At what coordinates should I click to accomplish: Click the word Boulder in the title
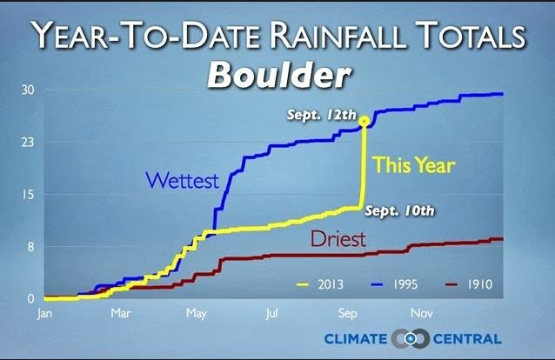pyautogui.click(x=279, y=76)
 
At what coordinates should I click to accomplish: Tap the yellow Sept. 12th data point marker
pyautogui.click(x=364, y=122)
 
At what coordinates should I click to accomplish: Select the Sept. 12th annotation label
pyautogui.click(x=321, y=115)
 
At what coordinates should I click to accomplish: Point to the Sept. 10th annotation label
pyautogui.click(x=399, y=211)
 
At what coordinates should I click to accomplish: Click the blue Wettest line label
pyautogui.click(x=183, y=180)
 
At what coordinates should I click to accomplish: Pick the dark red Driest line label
pyautogui.click(x=338, y=239)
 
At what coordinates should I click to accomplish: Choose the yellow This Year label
pyautogui.click(x=414, y=165)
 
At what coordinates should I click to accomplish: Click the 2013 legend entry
pyautogui.click(x=320, y=284)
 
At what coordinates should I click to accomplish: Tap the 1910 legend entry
pyautogui.click(x=469, y=284)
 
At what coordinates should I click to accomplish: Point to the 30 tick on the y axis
pyautogui.click(x=28, y=90)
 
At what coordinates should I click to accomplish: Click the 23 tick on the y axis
pyautogui.click(x=28, y=143)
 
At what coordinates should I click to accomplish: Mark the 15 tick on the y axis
pyautogui.click(x=29, y=194)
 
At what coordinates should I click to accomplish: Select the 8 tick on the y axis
pyautogui.click(x=30, y=247)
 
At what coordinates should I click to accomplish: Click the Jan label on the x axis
pyautogui.click(x=44, y=314)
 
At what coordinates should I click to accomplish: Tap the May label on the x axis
pyautogui.click(x=197, y=314)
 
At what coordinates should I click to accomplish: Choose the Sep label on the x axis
pyautogui.click(x=348, y=314)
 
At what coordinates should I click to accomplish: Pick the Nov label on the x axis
pyautogui.click(x=422, y=313)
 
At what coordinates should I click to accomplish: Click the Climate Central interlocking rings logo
pyautogui.click(x=411, y=339)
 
